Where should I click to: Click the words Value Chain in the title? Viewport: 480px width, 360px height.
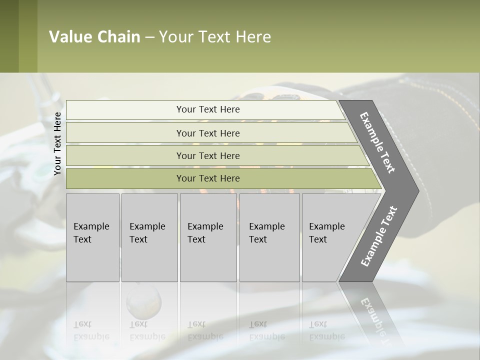[x=94, y=37]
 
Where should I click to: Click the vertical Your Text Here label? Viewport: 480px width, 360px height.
[x=57, y=143]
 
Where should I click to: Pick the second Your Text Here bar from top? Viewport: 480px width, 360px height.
[x=208, y=133]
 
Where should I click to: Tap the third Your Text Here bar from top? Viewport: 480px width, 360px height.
[x=208, y=155]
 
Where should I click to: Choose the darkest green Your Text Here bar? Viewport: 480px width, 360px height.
[x=208, y=178]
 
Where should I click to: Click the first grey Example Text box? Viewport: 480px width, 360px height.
[x=92, y=237]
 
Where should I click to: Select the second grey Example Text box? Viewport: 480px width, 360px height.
[x=149, y=237]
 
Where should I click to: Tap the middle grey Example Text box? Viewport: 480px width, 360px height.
[x=207, y=237]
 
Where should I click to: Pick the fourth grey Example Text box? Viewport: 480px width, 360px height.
[x=269, y=237]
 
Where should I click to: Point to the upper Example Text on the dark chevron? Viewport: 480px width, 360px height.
[x=377, y=142]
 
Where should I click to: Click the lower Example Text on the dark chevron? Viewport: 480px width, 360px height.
[x=379, y=236]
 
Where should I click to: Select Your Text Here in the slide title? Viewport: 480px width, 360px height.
[x=215, y=37]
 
